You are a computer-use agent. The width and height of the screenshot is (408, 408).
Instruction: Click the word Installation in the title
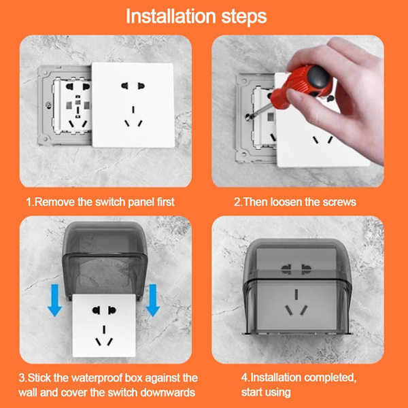tap(171, 16)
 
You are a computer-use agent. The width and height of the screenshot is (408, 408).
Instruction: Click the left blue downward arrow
tap(54, 300)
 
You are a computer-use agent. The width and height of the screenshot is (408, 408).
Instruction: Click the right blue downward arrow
tap(153, 300)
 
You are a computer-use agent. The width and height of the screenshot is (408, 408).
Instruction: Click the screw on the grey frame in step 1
tap(48, 105)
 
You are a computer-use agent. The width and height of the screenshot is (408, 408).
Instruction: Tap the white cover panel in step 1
tap(133, 105)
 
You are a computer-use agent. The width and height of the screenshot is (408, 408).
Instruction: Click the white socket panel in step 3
tap(104, 325)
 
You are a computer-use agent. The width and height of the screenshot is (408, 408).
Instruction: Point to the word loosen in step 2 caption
tap(286, 202)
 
